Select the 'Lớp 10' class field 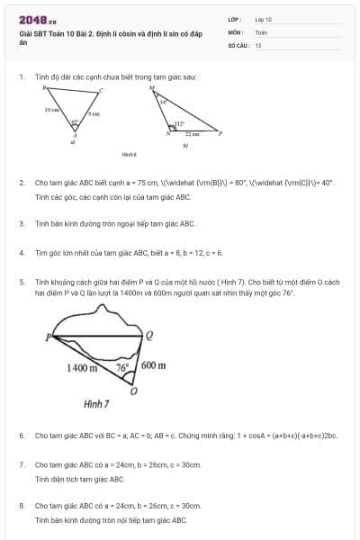(264, 18)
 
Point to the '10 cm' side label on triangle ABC (51, 109)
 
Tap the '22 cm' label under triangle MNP (193, 133)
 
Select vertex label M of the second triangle (150, 88)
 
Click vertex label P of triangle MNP (221, 131)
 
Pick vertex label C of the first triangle (102, 89)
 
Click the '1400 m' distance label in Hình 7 (83, 368)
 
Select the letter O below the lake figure (134, 392)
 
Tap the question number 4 (22, 253)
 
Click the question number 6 (22, 436)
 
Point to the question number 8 (22, 507)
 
